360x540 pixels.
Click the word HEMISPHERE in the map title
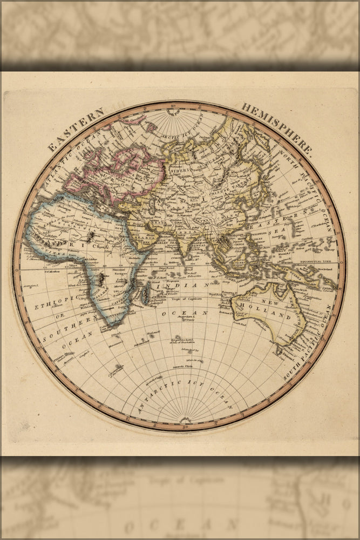click(276, 129)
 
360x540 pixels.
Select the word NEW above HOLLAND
click(270, 303)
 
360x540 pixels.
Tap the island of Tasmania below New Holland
click(279, 350)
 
